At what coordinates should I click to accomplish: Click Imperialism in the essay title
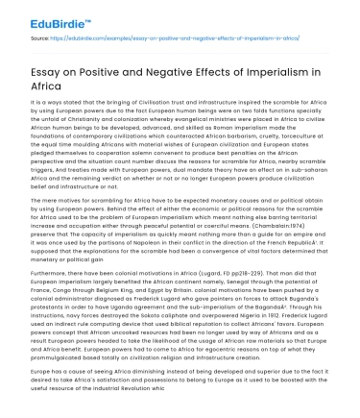tap(297, 69)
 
